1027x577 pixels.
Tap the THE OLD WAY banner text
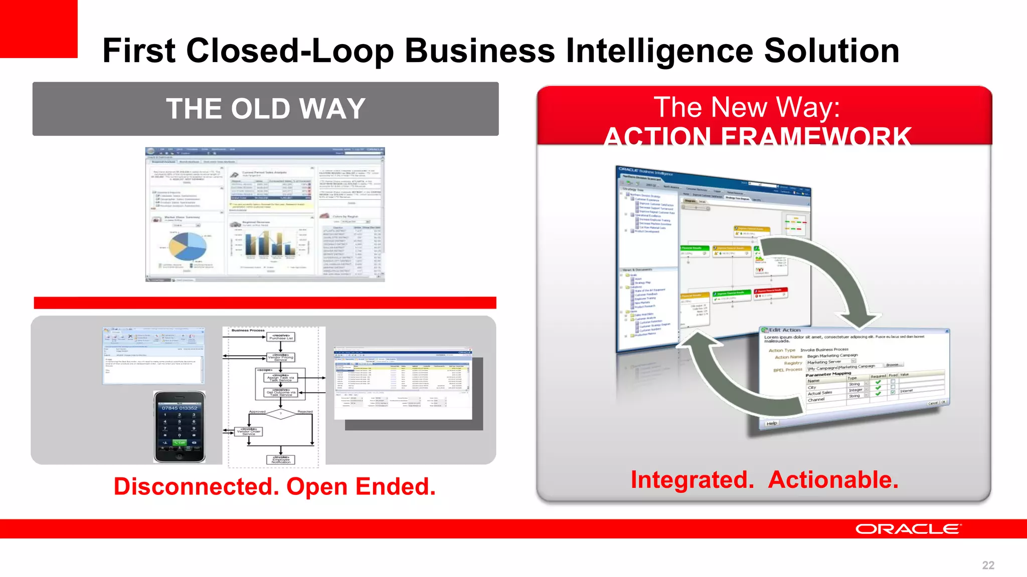pos(265,109)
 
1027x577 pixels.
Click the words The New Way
pos(747,107)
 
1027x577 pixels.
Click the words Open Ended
pos(361,486)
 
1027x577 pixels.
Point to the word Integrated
pos(692,479)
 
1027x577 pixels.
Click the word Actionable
pos(833,479)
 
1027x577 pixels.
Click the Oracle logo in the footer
pos(908,529)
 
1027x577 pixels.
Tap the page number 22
pos(988,565)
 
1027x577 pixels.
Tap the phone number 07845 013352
pos(180,408)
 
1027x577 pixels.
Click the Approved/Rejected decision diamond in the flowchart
pos(281,414)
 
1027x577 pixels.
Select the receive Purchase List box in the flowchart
pos(281,337)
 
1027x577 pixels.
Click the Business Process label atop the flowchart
pos(248,331)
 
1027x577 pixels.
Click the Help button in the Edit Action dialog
pos(771,423)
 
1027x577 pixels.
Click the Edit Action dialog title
pos(785,330)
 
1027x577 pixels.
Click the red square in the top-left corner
pos(38,29)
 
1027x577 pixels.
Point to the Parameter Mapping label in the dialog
pos(828,374)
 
